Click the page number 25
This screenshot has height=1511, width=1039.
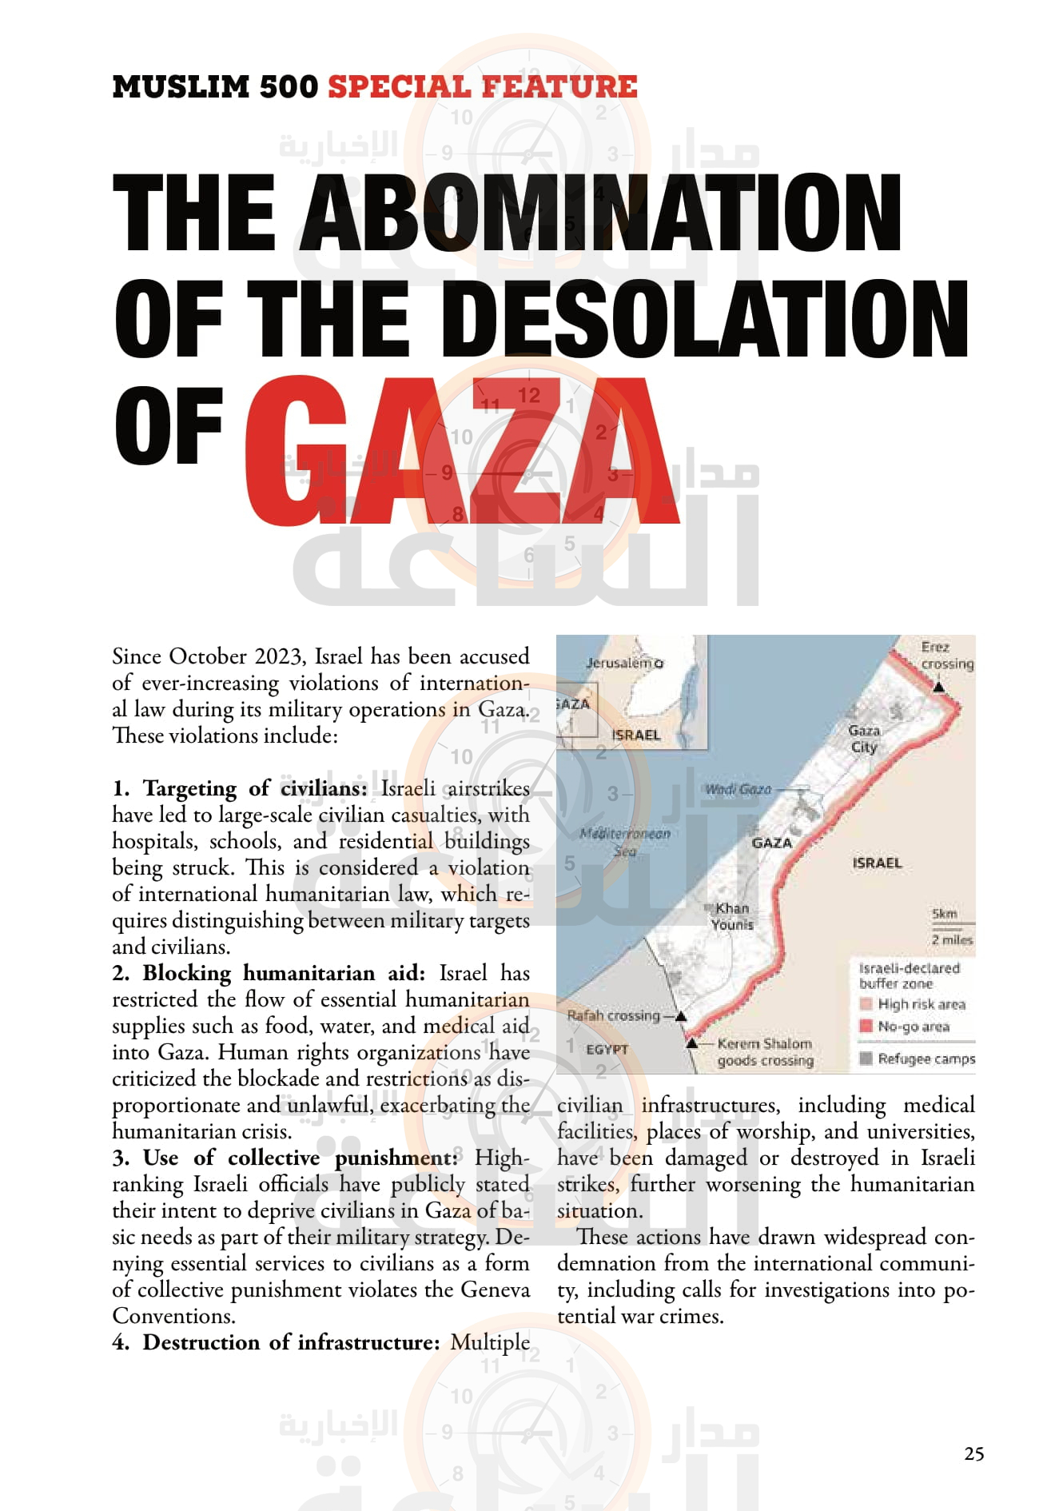pyautogui.click(x=973, y=1453)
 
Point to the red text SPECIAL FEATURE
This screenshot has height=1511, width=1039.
pyautogui.click(x=483, y=86)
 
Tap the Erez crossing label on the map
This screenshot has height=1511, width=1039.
pyautogui.click(x=946, y=655)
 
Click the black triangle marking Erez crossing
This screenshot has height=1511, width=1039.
pyautogui.click(x=939, y=687)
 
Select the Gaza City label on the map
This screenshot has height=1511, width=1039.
pyautogui.click(x=864, y=739)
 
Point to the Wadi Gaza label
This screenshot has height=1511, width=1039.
pyautogui.click(x=738, y=789)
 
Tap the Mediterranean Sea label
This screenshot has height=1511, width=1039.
pyautogui.click(x=625, y=842)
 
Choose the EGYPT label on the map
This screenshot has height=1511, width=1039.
pyautogui.click(x=607, y=1049)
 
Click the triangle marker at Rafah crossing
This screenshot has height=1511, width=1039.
pyautogui.click(x=681, y=1016)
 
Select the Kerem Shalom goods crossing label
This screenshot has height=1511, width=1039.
pyautogui.click(x=765, y=1051)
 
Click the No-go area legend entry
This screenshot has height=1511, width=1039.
pyautogui.click(x=913, y=1026)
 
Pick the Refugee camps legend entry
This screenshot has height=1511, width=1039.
pyautogui.click(x=926, y=1058)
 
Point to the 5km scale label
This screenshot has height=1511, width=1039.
pyautogui.click(x=944, y=913)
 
